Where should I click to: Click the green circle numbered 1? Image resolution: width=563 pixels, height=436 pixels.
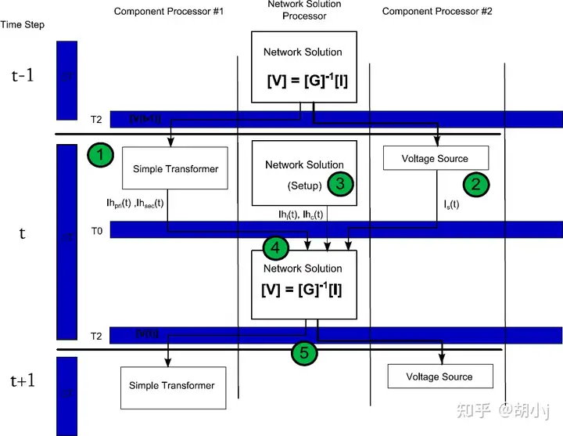coord(101,154)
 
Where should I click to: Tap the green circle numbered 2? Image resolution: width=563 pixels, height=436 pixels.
coord(475,185)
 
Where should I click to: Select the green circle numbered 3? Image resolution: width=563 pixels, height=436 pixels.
coord(339,183)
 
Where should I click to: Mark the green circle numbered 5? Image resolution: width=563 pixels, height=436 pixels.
coord(305,354)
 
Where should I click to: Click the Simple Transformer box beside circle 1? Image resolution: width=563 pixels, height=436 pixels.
coord(174,168)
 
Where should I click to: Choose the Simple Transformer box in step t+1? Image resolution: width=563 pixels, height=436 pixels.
coord(171,386)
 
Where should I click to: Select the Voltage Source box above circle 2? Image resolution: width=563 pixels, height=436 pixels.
coord(435,159)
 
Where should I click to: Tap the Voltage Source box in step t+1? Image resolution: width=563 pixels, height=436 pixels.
coord(439,377)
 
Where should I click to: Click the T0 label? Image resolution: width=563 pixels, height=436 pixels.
coord(95,230)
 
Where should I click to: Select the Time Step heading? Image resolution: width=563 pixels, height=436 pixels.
coord(22,25)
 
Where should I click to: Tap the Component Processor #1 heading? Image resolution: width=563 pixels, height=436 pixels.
coord(169,11)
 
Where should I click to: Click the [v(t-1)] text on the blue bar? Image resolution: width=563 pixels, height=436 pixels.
coord(145,117)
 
